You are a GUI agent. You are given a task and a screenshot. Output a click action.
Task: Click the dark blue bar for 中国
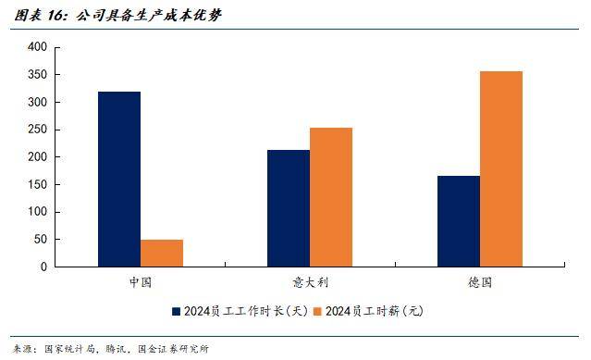(119, 179)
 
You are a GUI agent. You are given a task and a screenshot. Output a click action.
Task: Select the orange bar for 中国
(162, 254)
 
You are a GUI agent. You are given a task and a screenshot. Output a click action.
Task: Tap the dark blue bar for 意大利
(289, 208)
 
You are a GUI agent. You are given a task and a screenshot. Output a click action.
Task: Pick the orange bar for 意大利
(331, 197)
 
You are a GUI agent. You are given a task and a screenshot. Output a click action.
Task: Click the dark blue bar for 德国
(459, 221)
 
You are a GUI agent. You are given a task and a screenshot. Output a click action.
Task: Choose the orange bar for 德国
(501, 168)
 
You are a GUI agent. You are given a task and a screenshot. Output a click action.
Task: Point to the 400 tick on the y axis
(37, 47)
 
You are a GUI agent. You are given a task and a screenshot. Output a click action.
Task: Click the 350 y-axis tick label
(37, 75)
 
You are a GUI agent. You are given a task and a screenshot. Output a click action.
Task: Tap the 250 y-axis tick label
(37, 130)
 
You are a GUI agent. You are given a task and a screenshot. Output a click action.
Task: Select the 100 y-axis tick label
(37, 212)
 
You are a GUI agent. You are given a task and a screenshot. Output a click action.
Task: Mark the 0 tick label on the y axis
(44, 267)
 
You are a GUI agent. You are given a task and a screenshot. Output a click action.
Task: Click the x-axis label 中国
(141, 282)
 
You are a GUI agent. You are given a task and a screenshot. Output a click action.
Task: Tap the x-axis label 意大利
(310, 282)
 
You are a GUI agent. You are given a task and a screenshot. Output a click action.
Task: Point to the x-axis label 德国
(480, 282)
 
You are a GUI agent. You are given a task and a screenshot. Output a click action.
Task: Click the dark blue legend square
(176, 311)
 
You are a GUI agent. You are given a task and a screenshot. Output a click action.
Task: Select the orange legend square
(318, 311)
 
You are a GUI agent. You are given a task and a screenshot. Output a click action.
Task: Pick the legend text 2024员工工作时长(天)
(246, 311)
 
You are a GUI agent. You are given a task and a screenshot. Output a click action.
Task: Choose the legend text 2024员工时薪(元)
(375, 311)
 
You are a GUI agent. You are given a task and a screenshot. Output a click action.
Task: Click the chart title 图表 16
(41, 16)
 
